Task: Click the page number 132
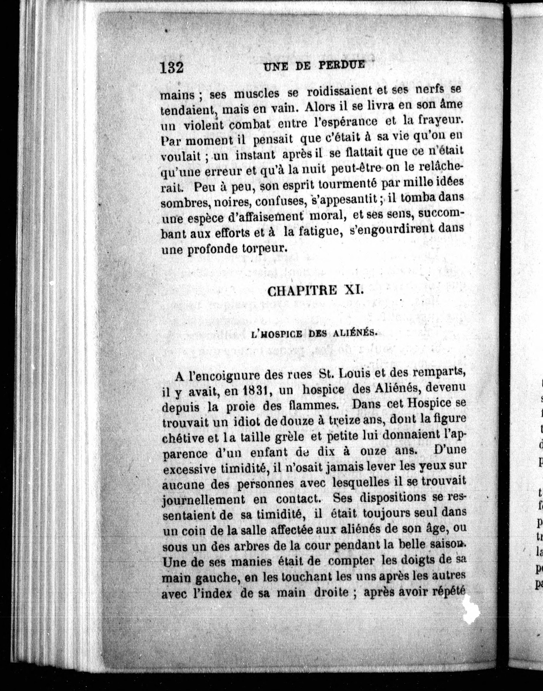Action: [172, 67]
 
